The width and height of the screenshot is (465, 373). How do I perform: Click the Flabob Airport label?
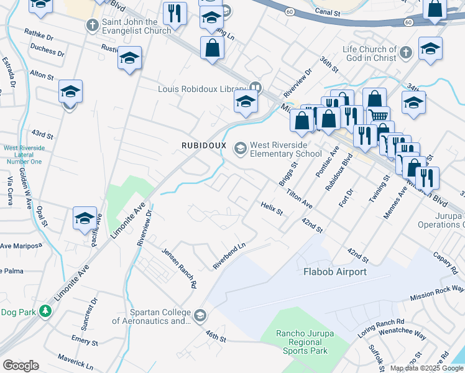[x=334, y=272]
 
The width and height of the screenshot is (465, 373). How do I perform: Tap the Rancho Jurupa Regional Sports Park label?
[x=305, y=343]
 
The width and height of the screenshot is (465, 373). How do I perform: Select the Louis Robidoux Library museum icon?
[x=254, y=88]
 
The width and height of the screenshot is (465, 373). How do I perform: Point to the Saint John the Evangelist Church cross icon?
[x=92, y=25]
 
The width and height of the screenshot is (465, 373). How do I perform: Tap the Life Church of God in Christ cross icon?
[x=406, y=53]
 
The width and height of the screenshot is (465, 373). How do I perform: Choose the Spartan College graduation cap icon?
[x=200, y=316]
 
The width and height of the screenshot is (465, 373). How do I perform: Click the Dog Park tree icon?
[x=45, y=310]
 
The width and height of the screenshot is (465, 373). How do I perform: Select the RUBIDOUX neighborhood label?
[x=202, y=145]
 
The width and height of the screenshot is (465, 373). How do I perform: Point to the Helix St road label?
[x=272, y=208]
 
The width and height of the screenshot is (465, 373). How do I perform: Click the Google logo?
[x=21, y=366]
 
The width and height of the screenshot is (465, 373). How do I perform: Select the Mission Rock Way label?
[x=436, y=293]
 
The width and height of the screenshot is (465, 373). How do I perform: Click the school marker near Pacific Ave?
[x=85, y=219]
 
